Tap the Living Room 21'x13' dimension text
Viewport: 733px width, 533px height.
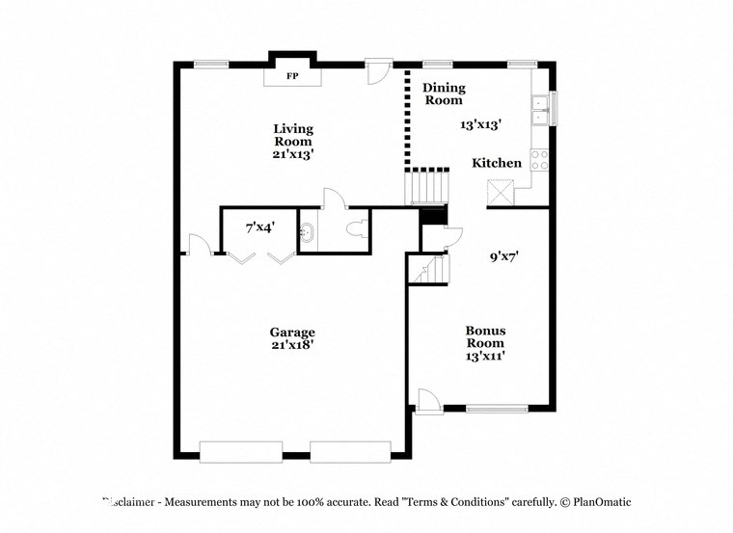click(x=292, y=153)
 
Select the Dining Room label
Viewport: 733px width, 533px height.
click(x=444, y=93)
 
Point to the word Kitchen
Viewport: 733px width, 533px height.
click(x=497, y=163)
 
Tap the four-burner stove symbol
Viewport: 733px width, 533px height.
click(x=540, y=160)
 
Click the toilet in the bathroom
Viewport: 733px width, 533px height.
click(x=356, y=231)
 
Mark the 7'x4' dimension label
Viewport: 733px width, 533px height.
click(x=259, y=227)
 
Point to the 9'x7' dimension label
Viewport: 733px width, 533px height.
click(x=504, y=256)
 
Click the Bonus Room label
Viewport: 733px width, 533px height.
click(x=486, y=336)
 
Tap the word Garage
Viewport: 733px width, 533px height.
click(x=292, y=333)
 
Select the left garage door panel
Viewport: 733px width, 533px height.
click(x=240, y=450)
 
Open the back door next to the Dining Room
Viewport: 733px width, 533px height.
click(x=379, y=75)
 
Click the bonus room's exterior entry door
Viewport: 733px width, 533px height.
click(x=429, y=400)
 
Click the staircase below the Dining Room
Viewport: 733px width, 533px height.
click(x=426, y=185)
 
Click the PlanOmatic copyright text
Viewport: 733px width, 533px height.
click(x=595, y=502)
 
